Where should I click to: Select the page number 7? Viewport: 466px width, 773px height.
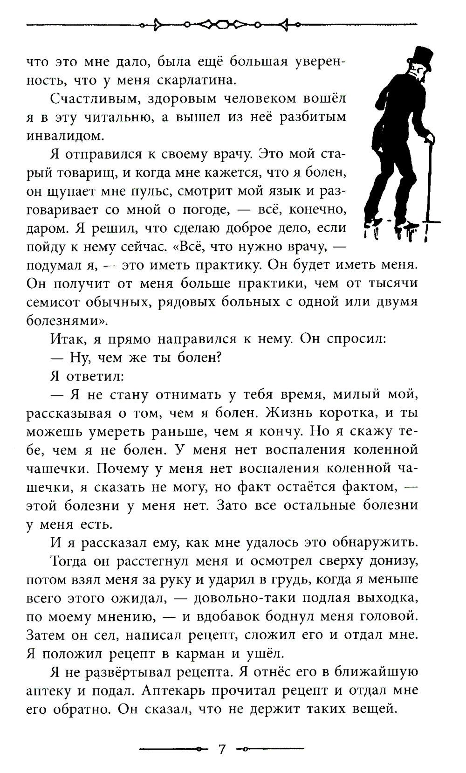point(222,749)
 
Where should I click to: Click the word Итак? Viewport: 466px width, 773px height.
point(67,339)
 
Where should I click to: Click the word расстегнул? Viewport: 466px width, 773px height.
point(159,561)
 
